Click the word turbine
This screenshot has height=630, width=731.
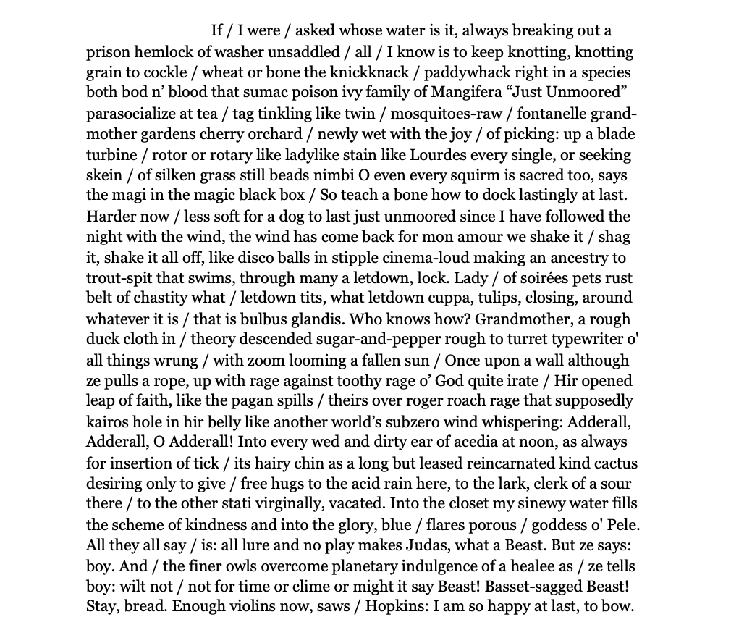point(112,155)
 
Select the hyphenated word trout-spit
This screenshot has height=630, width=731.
point(122,277)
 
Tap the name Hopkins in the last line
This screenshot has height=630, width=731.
point(397,605)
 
